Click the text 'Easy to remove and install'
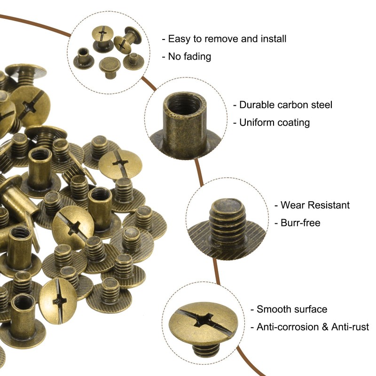(x=227, y=39)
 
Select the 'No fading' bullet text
(x=189, y=57)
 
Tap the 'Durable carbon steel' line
(x=285, y=105)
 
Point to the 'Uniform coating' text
(x=274, y=123)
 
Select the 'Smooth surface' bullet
(x=291, y=309)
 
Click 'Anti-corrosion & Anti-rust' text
(x=313, y=327)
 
